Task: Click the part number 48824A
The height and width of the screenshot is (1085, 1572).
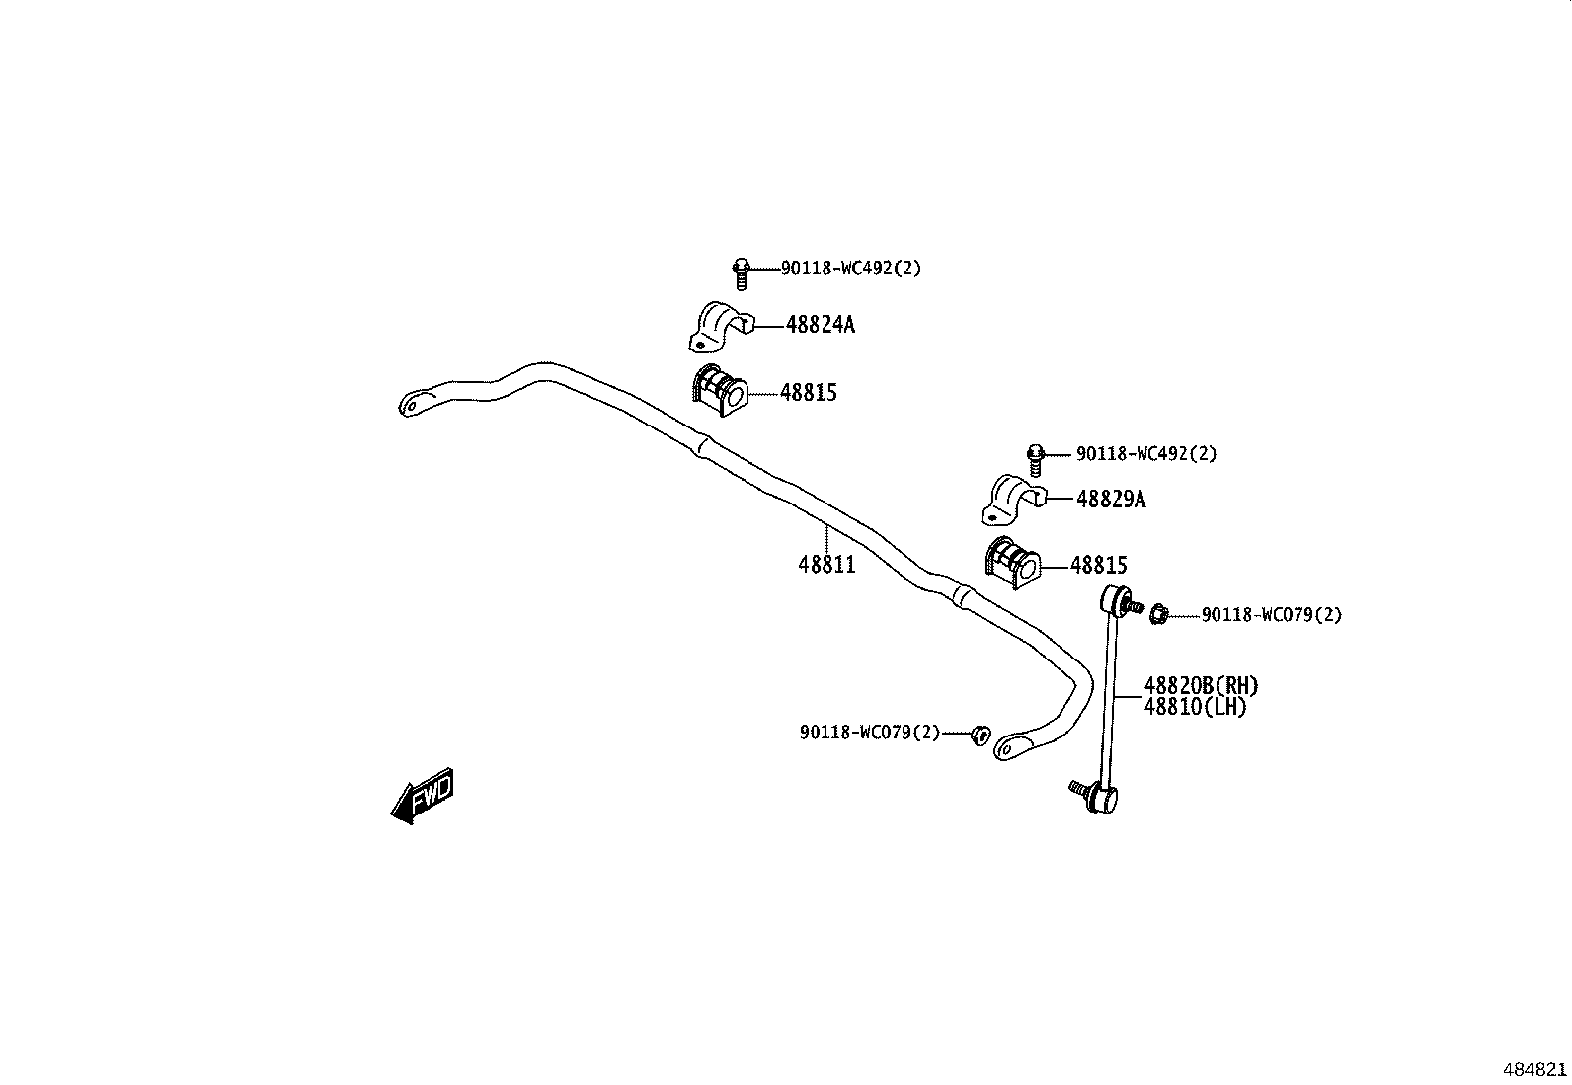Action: (820, 324)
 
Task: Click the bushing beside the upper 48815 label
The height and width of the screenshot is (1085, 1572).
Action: (719, 390)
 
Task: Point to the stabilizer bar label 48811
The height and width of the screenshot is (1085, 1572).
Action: (826, 565)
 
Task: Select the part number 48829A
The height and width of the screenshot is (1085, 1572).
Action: (1110, 500)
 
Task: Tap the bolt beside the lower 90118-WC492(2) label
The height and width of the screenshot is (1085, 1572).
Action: (1035, 458)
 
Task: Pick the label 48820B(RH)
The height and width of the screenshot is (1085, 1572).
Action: (1201, 685)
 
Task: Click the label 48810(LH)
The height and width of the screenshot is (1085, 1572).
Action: (1195, 707)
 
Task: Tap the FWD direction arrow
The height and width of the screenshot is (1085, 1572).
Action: (423, 795)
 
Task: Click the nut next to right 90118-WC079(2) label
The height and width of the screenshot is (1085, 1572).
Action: (1159, 615)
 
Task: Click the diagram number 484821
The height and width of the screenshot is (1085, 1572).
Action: (1533, 1070)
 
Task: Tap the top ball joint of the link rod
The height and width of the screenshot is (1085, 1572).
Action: (1117, 598)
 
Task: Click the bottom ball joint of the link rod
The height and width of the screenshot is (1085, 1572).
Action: (1101, 797)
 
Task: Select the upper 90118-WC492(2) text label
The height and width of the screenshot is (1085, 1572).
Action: (850, 268)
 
